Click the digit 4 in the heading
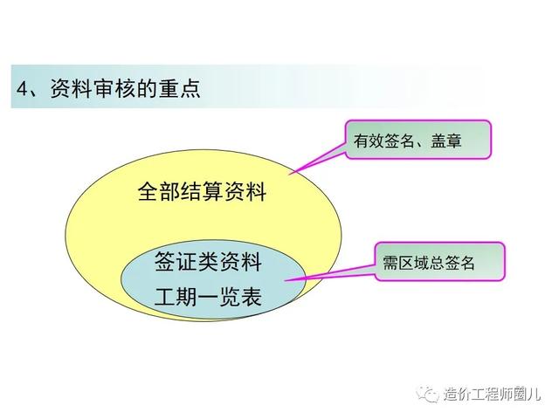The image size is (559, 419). coord(22,89)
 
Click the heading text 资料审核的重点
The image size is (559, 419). coord(125,88)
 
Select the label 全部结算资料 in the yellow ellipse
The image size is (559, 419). coord(202,191)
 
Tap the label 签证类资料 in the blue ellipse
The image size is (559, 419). coord(208,262)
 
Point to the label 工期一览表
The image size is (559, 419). coord(208,297)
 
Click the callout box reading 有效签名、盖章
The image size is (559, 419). coord(418,140)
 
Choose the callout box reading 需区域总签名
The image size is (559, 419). coord(439,262)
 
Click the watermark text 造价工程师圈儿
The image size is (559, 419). coord(493,394)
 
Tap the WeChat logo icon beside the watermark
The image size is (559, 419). coord(428,394)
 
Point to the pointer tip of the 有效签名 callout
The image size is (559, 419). coord(289,174)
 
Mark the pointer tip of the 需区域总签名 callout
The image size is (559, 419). coord(286,280)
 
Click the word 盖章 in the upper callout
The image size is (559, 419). coord(446,141)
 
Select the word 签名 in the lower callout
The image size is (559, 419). coord(459,263)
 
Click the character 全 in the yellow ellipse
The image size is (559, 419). coord(148,191)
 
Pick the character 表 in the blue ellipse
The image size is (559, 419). coord(252,297)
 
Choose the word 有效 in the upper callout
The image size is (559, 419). coord(369,141)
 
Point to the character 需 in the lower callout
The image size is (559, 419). coord(390,263)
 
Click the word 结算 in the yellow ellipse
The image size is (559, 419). coord(202,191)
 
